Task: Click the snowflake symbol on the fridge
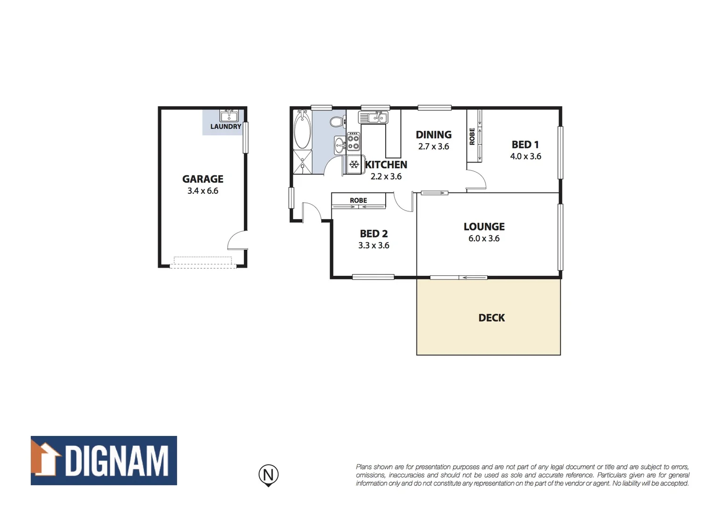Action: coord(354,165)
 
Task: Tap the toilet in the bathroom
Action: coord(336,123)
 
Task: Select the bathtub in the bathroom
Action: coord(302,130)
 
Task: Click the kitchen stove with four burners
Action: coord(354,141)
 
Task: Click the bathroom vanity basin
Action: coord(339,146)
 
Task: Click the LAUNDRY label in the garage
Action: coord(225,126)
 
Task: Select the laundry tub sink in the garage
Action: coord(229,115)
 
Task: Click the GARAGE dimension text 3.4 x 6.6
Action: coord(203,191)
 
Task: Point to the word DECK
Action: coord(491,318)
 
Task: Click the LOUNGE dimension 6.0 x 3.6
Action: coord(484,238)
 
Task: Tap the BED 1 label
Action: coord(525,145)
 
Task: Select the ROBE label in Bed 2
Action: coord(358,200)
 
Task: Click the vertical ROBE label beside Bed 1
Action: coord(472,136)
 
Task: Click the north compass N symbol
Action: coord(268,474)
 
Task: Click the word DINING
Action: coord(433,135)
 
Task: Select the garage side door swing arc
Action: coord(237,240)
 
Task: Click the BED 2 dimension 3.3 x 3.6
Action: coord(373,246)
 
